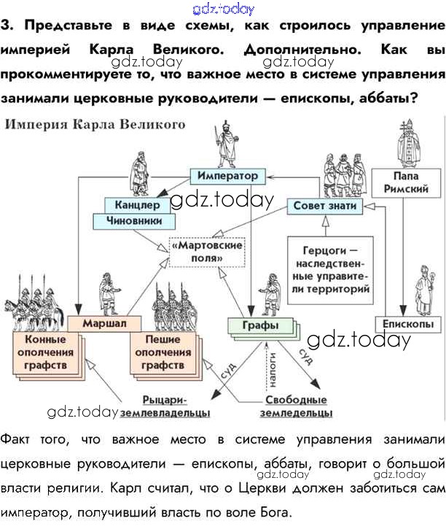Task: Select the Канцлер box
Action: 132,205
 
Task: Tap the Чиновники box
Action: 133,220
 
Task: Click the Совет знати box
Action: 325,206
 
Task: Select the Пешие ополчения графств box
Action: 163,352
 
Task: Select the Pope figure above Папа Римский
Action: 407,141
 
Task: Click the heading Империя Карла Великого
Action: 95,125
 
